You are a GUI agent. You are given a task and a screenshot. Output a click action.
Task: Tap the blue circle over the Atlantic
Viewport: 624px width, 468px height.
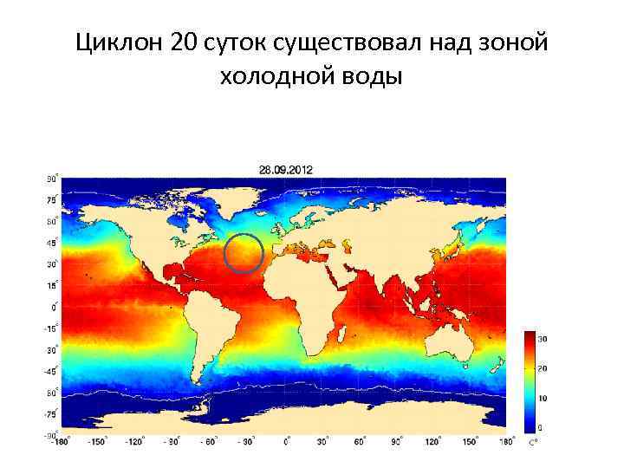pos(244,253)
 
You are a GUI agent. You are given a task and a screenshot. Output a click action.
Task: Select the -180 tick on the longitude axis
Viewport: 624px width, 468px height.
pos(58,442)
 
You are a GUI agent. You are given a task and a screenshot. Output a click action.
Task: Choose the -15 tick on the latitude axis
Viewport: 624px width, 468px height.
pos(51,328)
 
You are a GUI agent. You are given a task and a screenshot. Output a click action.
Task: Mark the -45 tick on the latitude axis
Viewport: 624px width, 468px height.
pos(51,371)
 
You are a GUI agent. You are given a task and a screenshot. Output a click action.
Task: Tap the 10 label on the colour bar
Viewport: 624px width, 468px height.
pos(543,398)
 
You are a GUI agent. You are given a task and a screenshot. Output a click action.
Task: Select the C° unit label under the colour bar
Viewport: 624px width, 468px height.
pos(533,443)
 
